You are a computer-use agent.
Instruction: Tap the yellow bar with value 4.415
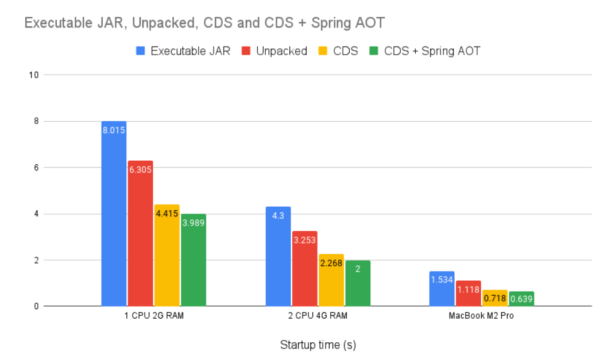(x=167, y=256)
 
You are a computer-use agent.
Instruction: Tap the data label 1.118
(x=468, y=290)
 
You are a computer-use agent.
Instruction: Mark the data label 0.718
(x=494, y=299)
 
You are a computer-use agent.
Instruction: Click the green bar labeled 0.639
(x=521, y=299)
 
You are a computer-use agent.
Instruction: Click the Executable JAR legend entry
(x=183, y=51)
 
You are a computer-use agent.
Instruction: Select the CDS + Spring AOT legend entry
(x=425, y=51)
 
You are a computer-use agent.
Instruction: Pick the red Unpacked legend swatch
(x=246, y=51)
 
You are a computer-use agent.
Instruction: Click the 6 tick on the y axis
(x=36, y=168)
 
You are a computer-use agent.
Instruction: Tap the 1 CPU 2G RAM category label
(x=154, y=316)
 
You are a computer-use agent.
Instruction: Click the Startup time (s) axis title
(x=318, y=345)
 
